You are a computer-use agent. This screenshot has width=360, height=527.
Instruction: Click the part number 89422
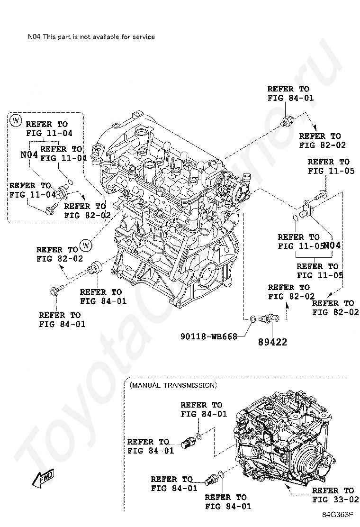click(x=272, y=342)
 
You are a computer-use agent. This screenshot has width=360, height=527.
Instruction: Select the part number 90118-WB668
click(x=208, y=336)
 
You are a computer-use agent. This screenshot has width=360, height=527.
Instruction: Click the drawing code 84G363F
click(x=339, y=514)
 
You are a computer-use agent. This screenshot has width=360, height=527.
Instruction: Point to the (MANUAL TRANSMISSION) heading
click(x=173, y=385)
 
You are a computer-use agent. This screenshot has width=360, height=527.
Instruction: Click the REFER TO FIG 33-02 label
click(x=333, y=495)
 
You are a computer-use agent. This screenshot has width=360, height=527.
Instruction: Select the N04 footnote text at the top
click(x=91, y=36)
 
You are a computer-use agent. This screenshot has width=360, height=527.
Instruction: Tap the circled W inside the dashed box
click(x=16, y=120)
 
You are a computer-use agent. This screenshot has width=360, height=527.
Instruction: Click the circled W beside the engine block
click(x=85, y=245)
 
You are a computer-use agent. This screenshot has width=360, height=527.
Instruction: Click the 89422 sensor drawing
click(x=272, y=318)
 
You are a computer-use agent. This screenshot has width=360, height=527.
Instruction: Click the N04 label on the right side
click(x=332, y=245)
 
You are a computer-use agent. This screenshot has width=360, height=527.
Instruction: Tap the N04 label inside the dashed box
click(x=29, y=154)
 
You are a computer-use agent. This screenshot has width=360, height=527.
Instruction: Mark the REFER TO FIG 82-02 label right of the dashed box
click(x=84, y=210)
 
